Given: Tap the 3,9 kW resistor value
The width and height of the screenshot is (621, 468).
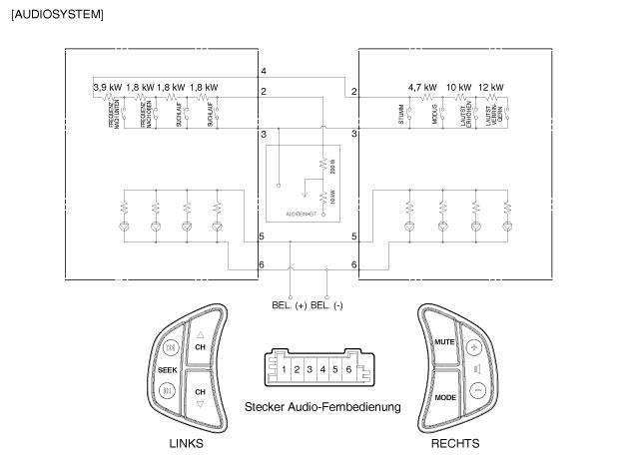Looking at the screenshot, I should [107, 88].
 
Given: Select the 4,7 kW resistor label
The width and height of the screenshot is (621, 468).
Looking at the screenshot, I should [422, 88].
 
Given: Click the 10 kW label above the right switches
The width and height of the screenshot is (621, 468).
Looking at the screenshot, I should [458, 88].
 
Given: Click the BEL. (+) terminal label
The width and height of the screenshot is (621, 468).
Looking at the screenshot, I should [289, 304].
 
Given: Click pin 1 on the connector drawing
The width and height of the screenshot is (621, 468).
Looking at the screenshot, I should [284, 370].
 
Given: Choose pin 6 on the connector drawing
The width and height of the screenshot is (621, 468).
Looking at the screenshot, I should [348, 370].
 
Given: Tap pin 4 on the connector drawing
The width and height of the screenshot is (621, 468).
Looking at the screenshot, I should [322, 370].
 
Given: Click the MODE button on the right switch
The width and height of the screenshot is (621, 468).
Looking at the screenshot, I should [445, 397].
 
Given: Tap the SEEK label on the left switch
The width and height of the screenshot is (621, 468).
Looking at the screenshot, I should [168, 369].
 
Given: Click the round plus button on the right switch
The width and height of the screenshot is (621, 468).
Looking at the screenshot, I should [475, 348].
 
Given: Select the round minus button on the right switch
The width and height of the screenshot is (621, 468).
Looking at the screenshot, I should [476, 390].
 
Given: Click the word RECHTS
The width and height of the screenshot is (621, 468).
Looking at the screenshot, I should [454, 443].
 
